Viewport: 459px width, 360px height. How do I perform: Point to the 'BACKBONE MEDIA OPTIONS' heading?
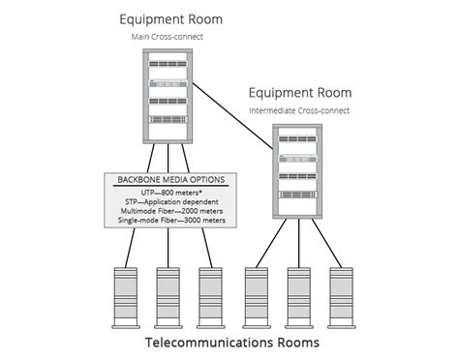(170, 180)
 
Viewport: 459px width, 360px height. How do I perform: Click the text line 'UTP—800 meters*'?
(170, 193)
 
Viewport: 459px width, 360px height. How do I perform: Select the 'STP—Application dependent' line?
(170, 202)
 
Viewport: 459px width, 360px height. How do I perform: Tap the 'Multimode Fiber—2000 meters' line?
(170, 212)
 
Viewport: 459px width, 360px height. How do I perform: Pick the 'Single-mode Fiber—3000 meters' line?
(170, 222)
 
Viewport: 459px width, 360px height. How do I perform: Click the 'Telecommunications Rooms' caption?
(231, 343)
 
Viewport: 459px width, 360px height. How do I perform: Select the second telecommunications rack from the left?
(168, 294)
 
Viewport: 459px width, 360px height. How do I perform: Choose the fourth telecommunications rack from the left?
(256, 294)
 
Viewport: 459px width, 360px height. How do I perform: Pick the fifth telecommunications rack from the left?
(298, 294)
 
